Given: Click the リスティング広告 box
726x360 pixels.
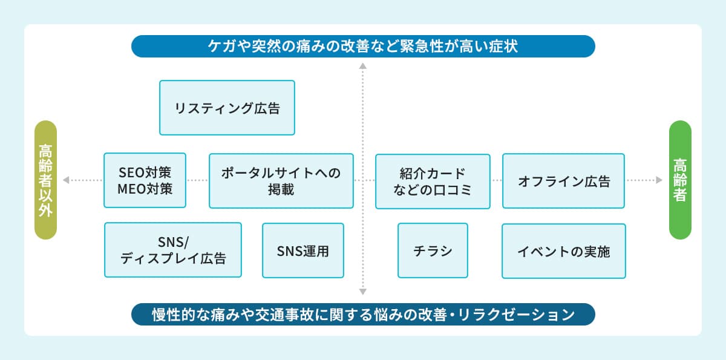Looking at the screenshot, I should click(x=227, y=108).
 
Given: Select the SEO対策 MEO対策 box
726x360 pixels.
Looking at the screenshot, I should click(x=145, y=180).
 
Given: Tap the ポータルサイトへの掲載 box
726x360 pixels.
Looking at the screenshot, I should click(x=281, y=180).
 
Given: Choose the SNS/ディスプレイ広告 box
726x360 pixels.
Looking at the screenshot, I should click(x=173, y=250).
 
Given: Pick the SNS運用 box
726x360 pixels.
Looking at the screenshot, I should click(x=303, y=250).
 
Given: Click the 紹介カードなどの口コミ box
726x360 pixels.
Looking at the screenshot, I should click(x=433, y=181).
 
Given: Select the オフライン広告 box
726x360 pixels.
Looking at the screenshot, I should click(x=563, y=181).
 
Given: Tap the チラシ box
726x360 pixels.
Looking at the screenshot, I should click(x=433, y=250).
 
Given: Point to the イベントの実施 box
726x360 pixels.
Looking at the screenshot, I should click(x=563, y=250).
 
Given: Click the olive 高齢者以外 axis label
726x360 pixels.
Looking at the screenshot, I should click(x=45, y=180).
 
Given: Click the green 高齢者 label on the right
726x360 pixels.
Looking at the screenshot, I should click(x=680, y=180).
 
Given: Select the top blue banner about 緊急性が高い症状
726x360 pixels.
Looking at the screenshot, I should click(x=363, y=46).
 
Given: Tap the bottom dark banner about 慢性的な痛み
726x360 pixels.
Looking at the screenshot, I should click(x=363, y=315).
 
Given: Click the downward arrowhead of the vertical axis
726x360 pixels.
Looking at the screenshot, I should click(x=363, y=291).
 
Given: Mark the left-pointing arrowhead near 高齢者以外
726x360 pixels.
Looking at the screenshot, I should click(x=66, y=180).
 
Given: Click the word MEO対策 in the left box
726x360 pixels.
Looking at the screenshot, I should click(x=145, y=188).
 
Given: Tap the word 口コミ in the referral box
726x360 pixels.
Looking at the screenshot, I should click(x=455, y=189).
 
